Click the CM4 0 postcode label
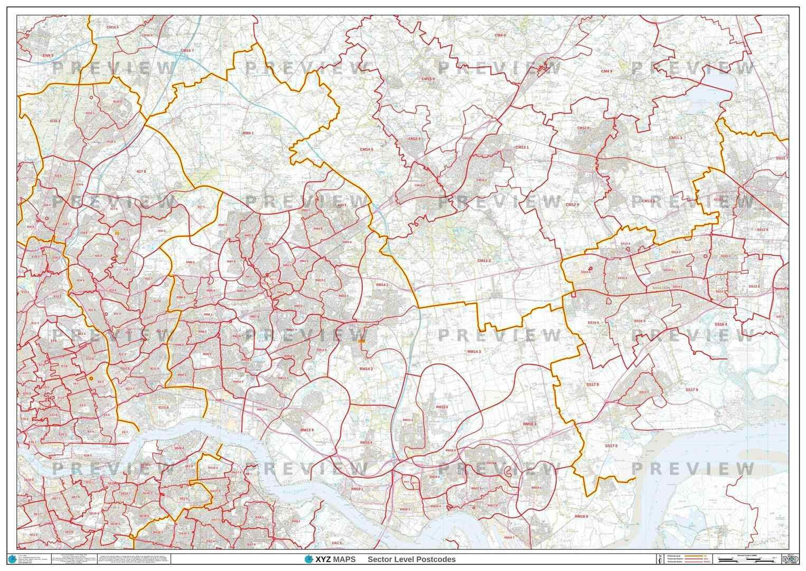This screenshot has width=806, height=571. [x=500, y=35]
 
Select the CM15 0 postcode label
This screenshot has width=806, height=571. [x=427, y=79]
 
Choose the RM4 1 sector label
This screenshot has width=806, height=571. [x=248, y=133]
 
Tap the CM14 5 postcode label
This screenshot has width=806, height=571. [x=367, y=150]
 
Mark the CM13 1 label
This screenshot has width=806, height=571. [x=522, y=147]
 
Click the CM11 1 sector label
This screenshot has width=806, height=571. [x=676, y=137]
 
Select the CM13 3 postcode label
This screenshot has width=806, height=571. [x=484, y=261]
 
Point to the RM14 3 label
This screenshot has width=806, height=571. [x=474, y=351]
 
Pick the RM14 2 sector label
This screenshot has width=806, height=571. [x=366, y=369]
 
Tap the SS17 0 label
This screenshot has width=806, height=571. [x=611, y=446]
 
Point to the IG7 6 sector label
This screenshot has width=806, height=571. [x=141, y=171]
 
